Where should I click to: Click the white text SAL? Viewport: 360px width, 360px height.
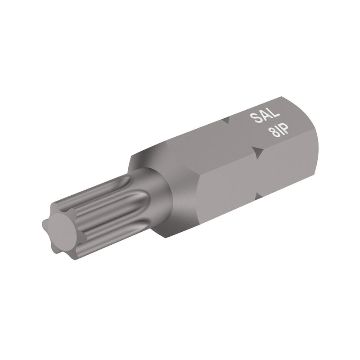tap(261, 118)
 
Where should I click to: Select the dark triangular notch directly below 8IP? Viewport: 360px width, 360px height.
tap(257, 153)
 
